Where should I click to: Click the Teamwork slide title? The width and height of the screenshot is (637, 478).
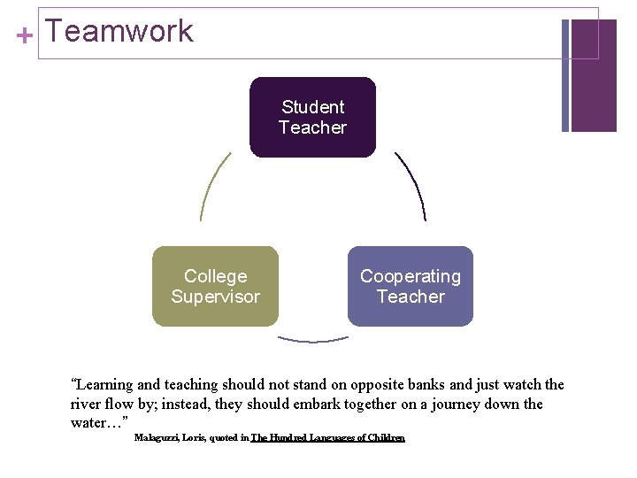pyautogui.click(x=119, y=32)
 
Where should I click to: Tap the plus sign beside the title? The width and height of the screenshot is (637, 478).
pyautogui.click(x=25, y=36)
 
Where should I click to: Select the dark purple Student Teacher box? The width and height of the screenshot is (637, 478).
pyautogui.click(x=312, y=117)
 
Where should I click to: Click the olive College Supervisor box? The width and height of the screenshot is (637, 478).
pyautogui.click(x=215, y=286)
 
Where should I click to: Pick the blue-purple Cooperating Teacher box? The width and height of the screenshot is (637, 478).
pyautogui.click(x=411, y=286)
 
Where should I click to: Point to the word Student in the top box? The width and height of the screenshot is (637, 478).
pyautogui.click(x=312, y=107)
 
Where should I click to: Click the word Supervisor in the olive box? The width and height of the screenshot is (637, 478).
pyautogui.click(x=215, y=297)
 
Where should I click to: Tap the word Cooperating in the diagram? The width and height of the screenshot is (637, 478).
pyautogui.click(x=411, y=276)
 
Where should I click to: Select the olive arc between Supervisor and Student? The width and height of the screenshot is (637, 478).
pyautogui.click(x=213, y=186)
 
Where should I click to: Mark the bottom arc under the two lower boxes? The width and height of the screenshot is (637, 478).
pyautogui.click(x=313, y=339)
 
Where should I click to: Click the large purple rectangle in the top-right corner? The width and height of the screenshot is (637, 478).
pyautogui.click(x=594, y=75)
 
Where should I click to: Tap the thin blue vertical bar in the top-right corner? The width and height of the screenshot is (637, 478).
pyautogui.click(x=565, y=75)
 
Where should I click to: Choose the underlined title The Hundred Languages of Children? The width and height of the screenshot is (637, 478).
pyautogui.click(x=328, y=438)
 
